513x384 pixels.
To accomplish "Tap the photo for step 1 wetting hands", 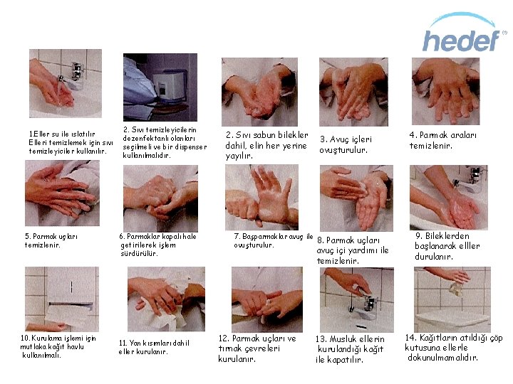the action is pyautogui.click(x=66, y=84).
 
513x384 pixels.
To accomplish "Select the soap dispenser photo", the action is pyautogui.click(x=160, y=87).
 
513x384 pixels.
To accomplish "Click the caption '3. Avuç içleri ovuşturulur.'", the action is pyautogui.click(x=346, y=144).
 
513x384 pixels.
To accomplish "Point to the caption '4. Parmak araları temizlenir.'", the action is pyautogui.click(x=442, y=140).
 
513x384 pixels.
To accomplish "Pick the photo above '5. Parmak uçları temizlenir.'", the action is pyautogui.click(x=62, y=193).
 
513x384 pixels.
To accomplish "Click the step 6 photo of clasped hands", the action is pyautogui.click(x=160, y=198).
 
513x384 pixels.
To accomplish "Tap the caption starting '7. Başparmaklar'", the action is pyautogui.click(x=273, y=240).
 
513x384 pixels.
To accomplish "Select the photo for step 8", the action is pyautogui.click(x=356, y=198).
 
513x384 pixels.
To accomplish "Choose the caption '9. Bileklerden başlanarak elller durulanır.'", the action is pyautogui.click(x=447, y=246).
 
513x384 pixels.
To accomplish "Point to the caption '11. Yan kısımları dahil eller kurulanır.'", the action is pyautogui.click(x=154, y=348).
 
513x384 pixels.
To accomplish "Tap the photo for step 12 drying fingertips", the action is pyautogui.click(x=267, y=299).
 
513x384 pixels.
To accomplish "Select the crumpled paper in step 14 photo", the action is pyautogui.click(x=457, y=289).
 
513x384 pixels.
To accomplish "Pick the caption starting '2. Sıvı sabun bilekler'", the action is pyautogui.click(x=266, y=145).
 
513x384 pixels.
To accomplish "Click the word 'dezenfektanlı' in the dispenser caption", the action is pyautogui.click(x=142, y=139).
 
